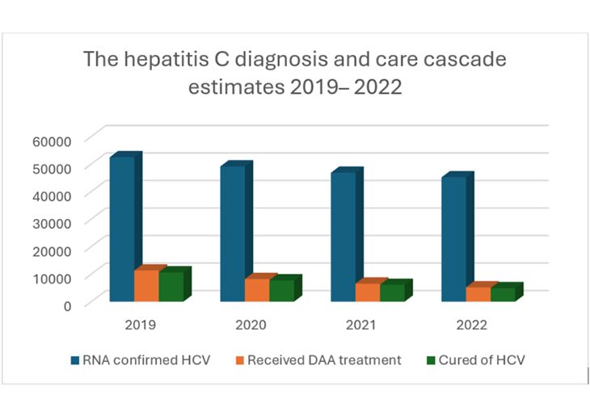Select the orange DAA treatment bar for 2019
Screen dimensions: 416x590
146,285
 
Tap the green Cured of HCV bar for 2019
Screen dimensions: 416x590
171,287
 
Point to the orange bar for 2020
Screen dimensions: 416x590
257,290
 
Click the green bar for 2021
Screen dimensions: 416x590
392,292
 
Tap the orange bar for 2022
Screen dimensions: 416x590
478,294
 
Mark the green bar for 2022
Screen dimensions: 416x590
502,294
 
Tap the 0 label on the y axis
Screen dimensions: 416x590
69,305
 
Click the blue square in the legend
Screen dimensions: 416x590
74,360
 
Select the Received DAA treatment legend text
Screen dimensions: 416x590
324,360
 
